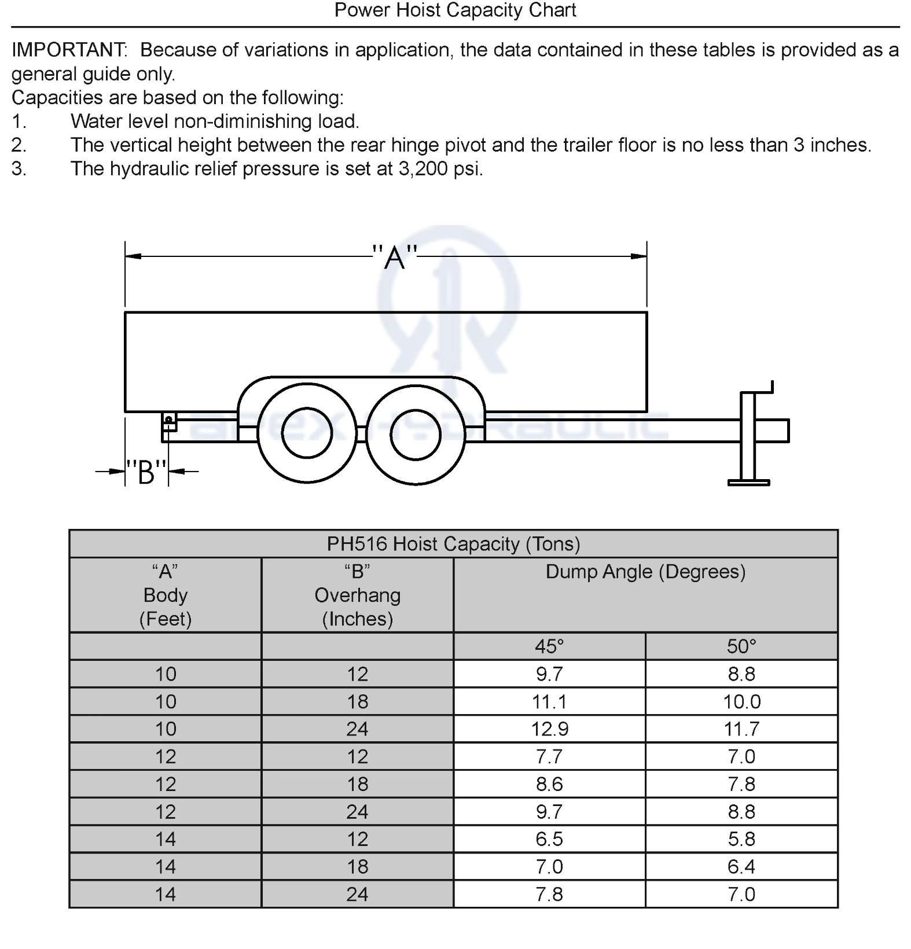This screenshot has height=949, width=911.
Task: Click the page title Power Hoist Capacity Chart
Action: tap(455, 10)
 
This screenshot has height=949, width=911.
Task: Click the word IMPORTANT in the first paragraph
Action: tap(68, 50)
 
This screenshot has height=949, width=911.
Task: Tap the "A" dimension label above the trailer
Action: tap(395, 257)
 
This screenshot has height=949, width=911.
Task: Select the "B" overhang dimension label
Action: tap(147, 472)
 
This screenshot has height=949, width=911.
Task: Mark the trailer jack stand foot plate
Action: tap(748, 482)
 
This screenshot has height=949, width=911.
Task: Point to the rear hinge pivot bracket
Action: tap(169, 421)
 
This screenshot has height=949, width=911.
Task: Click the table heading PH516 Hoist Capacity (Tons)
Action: tap(453, 544)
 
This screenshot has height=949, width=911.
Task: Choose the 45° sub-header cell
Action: tap(549, 646)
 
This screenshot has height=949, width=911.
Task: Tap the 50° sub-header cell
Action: tap(741, 646)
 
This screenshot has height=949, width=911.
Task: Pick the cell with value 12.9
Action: tap(549, 729)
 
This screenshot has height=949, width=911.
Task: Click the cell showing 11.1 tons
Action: tap(549, 702)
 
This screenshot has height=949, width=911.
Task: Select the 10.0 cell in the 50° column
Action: tap(741, 702)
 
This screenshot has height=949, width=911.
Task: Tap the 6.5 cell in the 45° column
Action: tap(549, 839)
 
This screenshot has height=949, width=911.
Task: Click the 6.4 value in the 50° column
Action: tap(741, 867)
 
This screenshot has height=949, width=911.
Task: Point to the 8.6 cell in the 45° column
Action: tap(549, 784)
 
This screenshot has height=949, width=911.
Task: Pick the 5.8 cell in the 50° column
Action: tap(741, 839)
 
